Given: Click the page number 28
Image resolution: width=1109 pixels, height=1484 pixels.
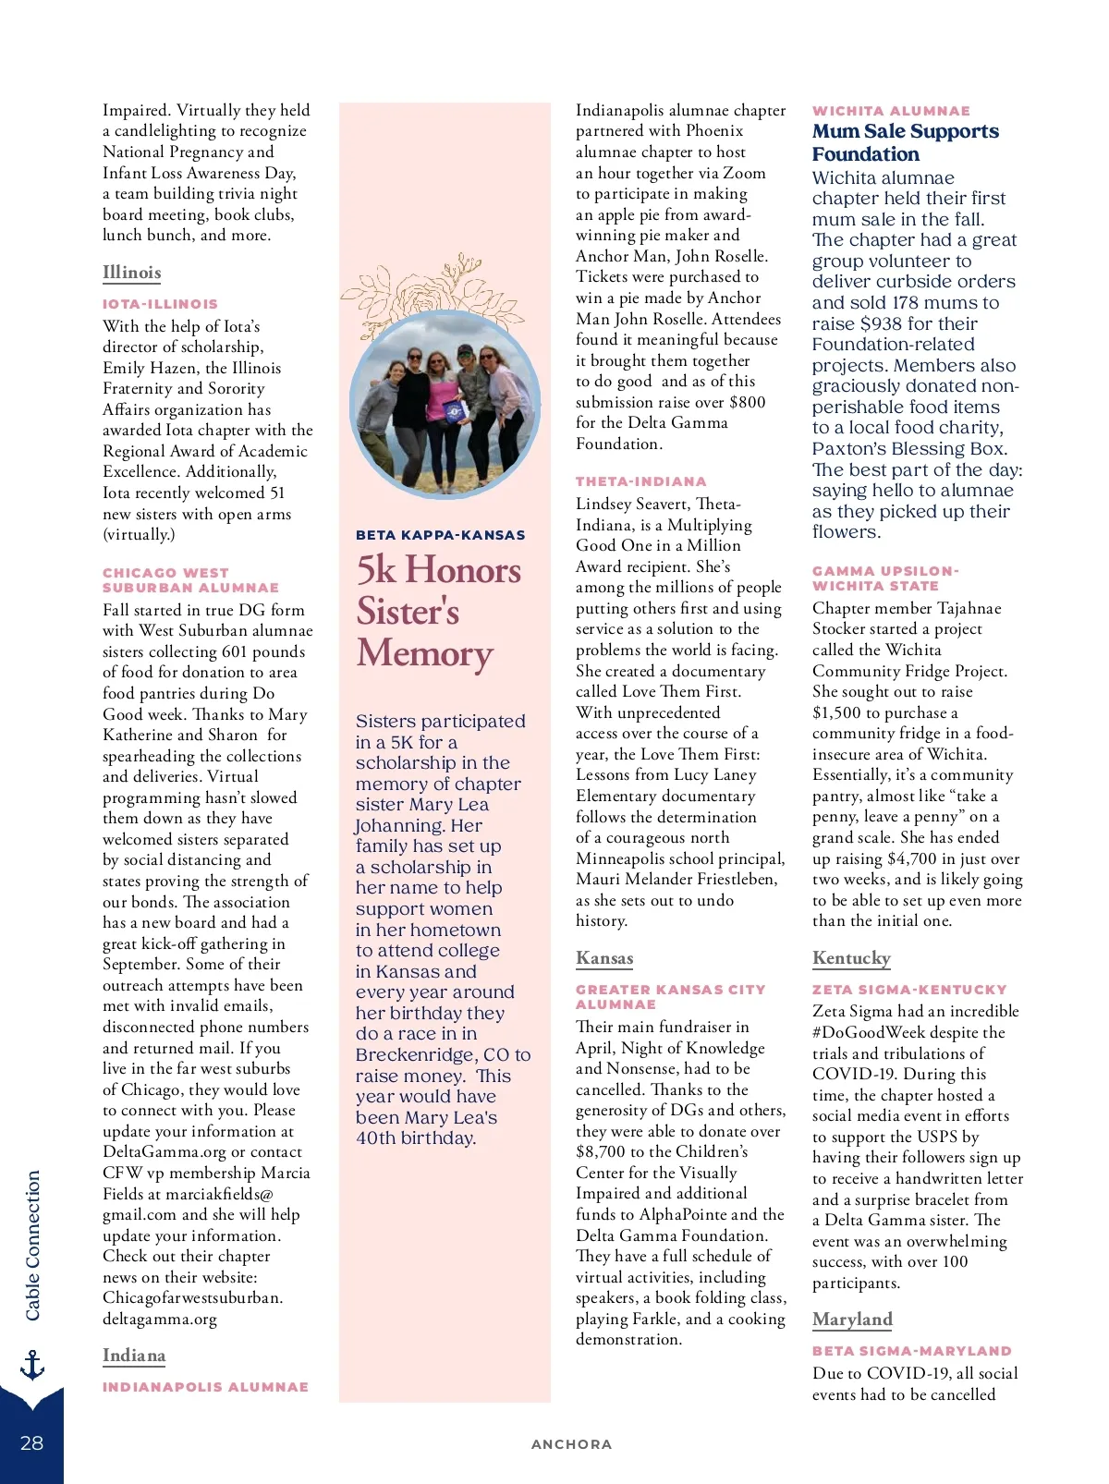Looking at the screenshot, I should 31,1442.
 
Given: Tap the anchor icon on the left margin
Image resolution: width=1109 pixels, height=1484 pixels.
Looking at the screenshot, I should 32,1364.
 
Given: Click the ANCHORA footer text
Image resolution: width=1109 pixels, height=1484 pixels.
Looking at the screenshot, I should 571,1444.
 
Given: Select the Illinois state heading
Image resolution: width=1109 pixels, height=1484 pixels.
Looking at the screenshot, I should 131,273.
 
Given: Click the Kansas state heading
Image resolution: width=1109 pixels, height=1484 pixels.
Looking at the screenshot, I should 604,958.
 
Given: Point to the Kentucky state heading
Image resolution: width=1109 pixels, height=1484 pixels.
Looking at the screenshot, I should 851,958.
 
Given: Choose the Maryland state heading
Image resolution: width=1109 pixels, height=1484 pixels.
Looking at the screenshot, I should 852,1320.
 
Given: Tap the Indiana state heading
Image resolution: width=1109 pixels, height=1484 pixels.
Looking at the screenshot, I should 134,1356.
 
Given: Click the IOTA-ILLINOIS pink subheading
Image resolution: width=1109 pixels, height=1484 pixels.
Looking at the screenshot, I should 160,304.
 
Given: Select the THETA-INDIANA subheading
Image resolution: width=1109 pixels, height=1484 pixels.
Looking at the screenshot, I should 640,481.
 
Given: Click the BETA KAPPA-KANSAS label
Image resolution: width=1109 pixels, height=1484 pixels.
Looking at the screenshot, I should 440,535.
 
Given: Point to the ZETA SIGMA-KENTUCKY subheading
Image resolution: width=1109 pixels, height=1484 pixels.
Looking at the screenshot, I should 909,990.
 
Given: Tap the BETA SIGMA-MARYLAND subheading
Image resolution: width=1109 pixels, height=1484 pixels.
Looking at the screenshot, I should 911,1351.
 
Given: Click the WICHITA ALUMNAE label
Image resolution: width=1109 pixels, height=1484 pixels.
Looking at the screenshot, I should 891,111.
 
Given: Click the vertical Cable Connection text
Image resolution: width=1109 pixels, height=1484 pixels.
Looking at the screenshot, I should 33,1245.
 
